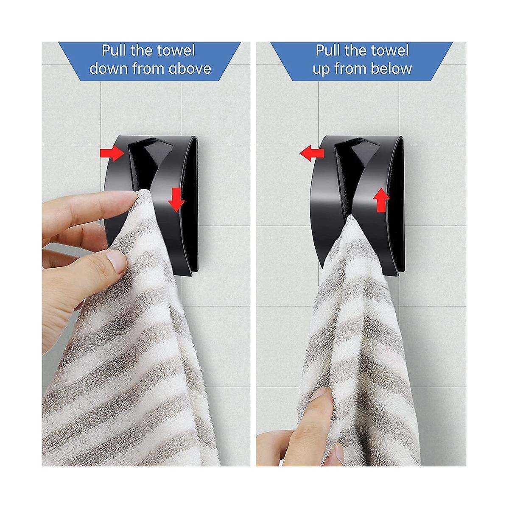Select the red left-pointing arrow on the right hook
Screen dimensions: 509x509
point(311,154)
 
